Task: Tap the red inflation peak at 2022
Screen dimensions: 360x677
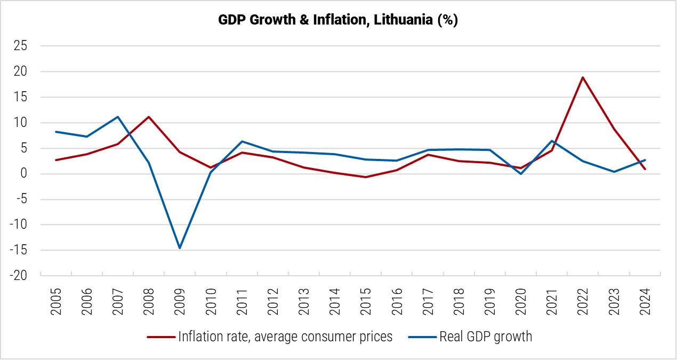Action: pos(583,77)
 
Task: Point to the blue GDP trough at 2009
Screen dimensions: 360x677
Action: pos(180,248)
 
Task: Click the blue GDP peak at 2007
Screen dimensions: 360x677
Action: pos(117,117)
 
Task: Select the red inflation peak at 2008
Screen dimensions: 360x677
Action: pos(149,117)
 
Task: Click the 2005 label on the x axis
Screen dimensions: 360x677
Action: pos(56,302)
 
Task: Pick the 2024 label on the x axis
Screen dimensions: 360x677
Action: pos(645,302)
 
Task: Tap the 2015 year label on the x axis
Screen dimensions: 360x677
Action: pos(366,302)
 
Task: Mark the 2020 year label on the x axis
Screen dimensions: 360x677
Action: pos(521,302)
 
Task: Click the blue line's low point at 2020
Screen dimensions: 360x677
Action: pos(521,174)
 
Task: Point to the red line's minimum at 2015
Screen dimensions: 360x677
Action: pos(366,177)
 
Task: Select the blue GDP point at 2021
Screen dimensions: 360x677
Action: pos(552,141)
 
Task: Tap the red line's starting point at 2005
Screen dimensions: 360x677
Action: pos(56,160)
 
